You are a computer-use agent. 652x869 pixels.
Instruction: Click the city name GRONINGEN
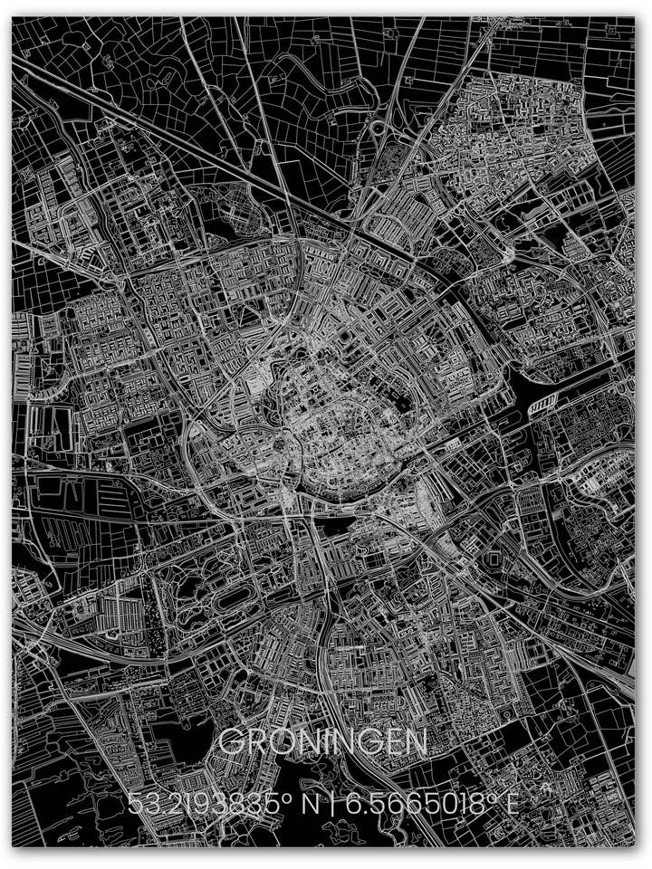(x=323, y=743)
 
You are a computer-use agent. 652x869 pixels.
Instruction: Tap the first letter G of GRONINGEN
(x=232, y=743)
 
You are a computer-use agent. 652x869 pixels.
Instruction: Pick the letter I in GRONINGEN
(x=334, y=743)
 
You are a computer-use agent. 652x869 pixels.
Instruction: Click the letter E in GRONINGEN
(x=391, y=743)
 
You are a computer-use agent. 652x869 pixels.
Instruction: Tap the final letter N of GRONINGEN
(x=416, y=743)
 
